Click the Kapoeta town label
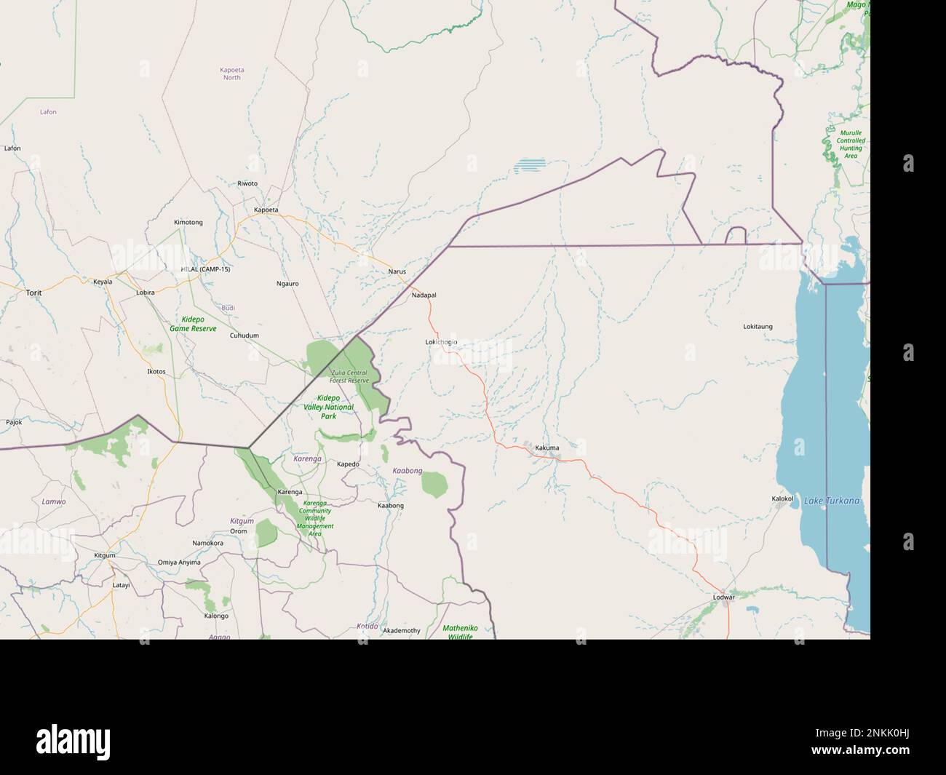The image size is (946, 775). click(266, 210)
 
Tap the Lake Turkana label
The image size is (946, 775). click(832, 501)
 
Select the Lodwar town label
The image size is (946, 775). click(723, 597)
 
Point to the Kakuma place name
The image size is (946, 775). click(546, 448)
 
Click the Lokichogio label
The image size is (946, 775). click(442, 342)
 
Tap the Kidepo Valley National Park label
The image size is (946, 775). click(328, 407)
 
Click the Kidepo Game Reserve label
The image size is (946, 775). click(193, 324)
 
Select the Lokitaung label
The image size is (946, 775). click(758, 327)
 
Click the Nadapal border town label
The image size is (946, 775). click(424, 295)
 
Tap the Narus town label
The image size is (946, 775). click(397, 271)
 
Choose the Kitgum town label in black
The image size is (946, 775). click(105, 555)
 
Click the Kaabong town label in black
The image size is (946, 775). click(391, 506)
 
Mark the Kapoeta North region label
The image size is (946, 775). click(232, 73)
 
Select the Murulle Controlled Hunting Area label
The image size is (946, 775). click(850, 144)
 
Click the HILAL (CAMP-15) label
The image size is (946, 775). click(205, 269)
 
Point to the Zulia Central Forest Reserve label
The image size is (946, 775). click(349, 376)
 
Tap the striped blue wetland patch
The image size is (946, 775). click(529, 166)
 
